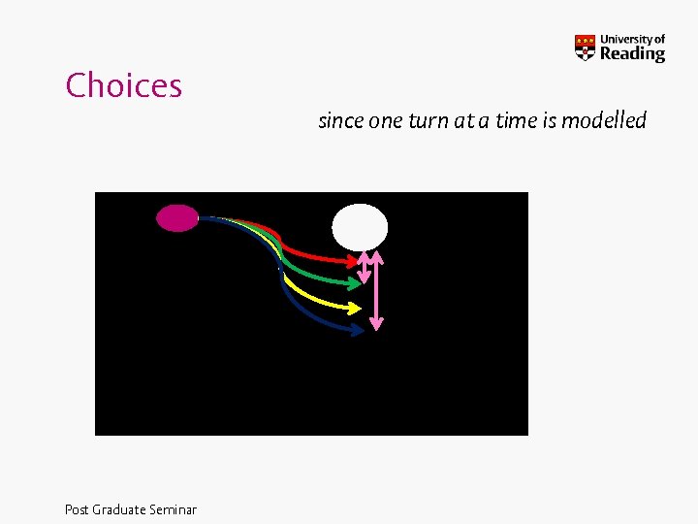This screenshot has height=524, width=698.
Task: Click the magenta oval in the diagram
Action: coord(177,218)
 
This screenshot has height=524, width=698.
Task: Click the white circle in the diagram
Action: coord(360,227)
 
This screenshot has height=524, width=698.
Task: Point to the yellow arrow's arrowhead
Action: coord(355,308)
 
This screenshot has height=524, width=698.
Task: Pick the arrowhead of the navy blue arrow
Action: coord(358,330)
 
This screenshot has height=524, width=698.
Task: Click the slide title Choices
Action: coord(124,85)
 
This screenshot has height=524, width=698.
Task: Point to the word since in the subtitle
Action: coord(340,121)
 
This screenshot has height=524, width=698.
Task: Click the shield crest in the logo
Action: coord(585,48)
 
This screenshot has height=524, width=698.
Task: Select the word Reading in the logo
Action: coord(632,54)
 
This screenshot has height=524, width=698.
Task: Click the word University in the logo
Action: coord(625,40)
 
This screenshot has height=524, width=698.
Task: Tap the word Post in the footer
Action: coord(77,509)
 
